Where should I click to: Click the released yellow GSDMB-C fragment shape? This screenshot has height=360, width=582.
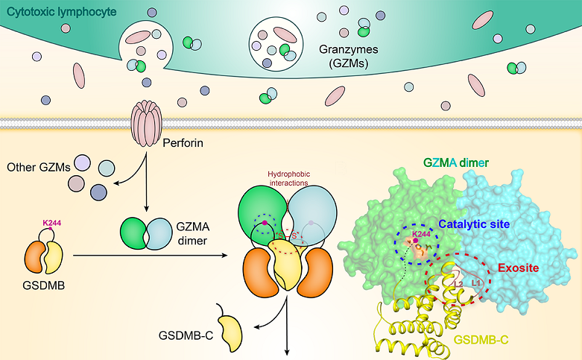[230, 321]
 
